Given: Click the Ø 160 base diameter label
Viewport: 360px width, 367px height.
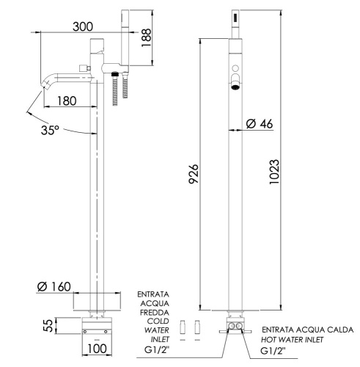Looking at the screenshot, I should tap(53, 287).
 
